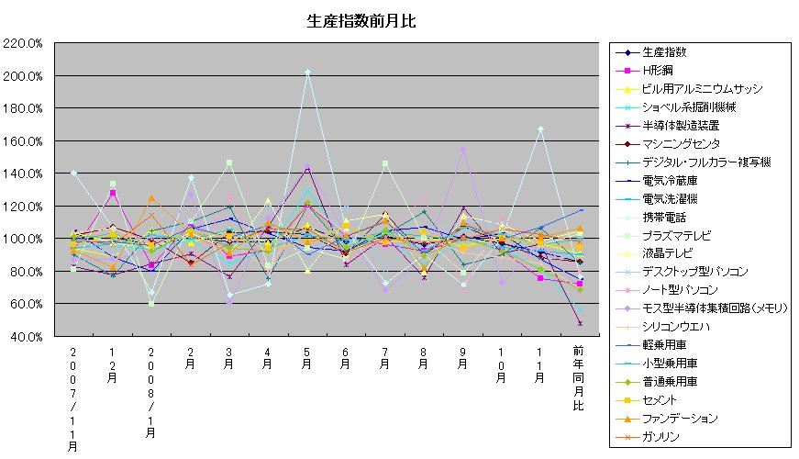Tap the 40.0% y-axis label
point(28,337)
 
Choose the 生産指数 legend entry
point(664,52)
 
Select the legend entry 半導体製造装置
point(680,126)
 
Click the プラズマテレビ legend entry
point(673,235)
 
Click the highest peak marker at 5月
point(307,72)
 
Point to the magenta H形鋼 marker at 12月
point(113,193)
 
